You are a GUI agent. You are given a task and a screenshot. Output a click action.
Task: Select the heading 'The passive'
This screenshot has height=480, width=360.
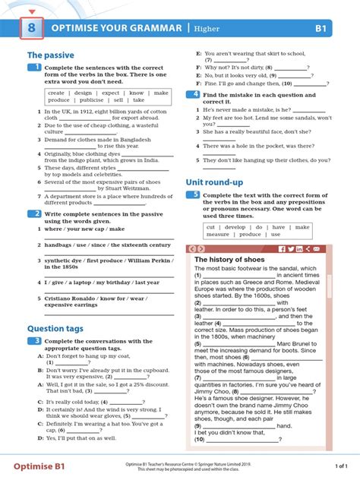click(46, 55)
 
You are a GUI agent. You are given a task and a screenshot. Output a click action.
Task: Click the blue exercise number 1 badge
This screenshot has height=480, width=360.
click(35, 68)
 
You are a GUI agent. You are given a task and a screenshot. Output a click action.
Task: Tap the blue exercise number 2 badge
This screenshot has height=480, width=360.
click(35, 214)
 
